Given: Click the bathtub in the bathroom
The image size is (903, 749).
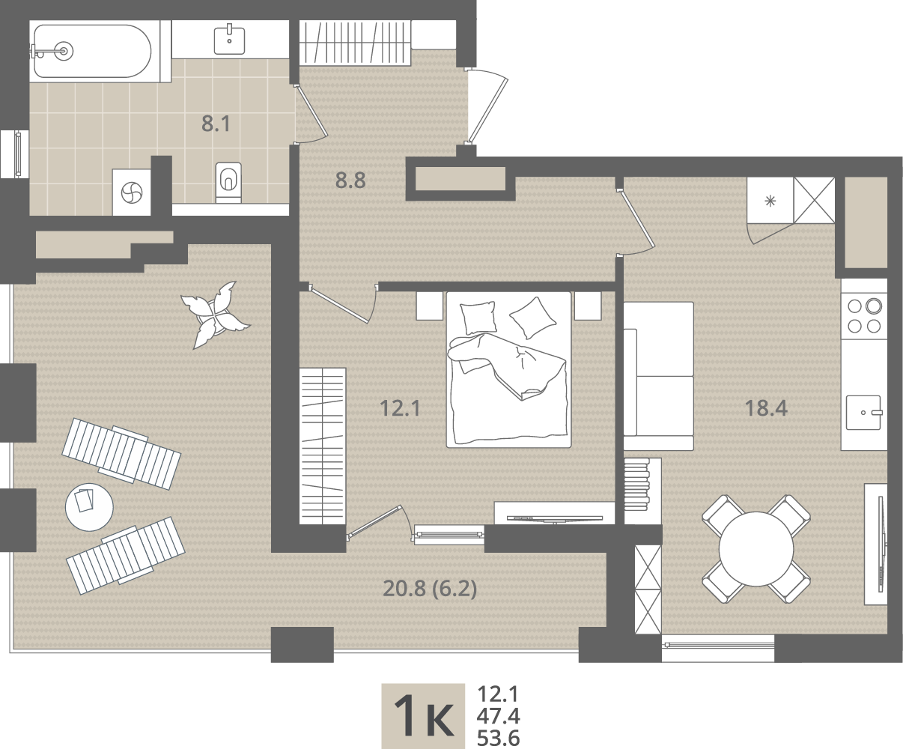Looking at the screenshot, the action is pyautogui.click(x=93, y=51).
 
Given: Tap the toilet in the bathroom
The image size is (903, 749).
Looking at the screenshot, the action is pyautogui.click(x=228, y=182).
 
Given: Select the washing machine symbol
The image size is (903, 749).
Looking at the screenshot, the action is pyautogui.click(x=132, y=192).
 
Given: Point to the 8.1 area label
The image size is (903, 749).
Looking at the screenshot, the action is pyautogui.click(x=216, y=124).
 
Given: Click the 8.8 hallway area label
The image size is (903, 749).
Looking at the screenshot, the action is pyautogui.click(x=350, y=180).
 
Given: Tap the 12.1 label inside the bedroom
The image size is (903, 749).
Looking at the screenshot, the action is pyautogui.click(x=400, y=408).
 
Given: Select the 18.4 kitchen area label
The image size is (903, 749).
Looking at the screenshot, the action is pyautogui.click(x=766, y=408).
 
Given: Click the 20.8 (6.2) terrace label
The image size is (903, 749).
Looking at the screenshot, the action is pyautogui.click(x=430, y=589).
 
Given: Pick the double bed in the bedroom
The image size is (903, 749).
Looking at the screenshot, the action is pyautogui.click(x=508, y=369).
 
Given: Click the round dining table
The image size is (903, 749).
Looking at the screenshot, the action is pyautogui.click(x=756, y=549).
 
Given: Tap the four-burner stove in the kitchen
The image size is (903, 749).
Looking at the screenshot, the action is pyautogui.click(x=864, y=316).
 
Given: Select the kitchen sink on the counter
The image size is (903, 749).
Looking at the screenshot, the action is pyautogui.click(x=863, y=413).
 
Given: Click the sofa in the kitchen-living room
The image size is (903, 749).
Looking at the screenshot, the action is pyautogui.click(x=658, y=376).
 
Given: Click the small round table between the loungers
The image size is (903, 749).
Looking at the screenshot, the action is pyautogui.click(x=89, y=506).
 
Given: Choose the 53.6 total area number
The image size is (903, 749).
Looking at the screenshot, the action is pyautogui.click(x=498, y=739).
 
